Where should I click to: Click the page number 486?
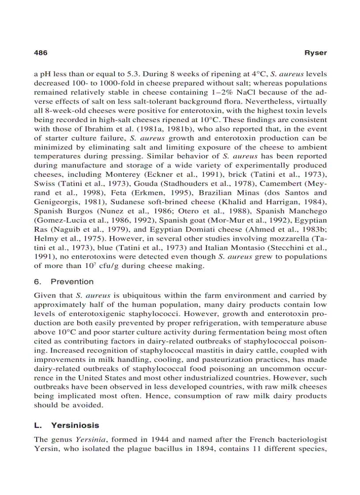coord(41,52)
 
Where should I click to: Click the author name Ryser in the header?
coord(316,52)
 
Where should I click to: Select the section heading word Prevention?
coord(72,282)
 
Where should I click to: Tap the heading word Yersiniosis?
coord(75,425)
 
